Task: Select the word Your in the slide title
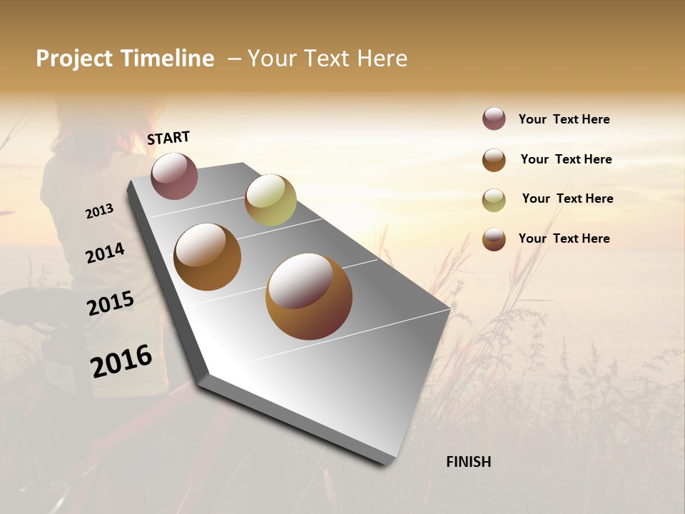click(x=270, y=59)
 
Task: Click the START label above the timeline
click(x=168, y=138)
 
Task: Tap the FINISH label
click(x=469, y=462)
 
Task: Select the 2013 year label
click(x=100, y=211)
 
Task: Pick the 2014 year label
click(x=105, y=253)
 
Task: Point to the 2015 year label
click(x=111, y=303)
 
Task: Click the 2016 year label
click(x=121, y=361)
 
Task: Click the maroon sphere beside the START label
click(x=174, y=176)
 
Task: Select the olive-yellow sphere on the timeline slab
click(x=270, y=200)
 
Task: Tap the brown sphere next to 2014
click(x=208, y=257)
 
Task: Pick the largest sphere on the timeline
click(x=309, y=296)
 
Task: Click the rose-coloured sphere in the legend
click(x=494, y=119)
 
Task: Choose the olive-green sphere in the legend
click(x=494, y=200)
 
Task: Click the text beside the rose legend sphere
click(x=564, y=119)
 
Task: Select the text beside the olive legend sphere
click(x=567, y=198)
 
